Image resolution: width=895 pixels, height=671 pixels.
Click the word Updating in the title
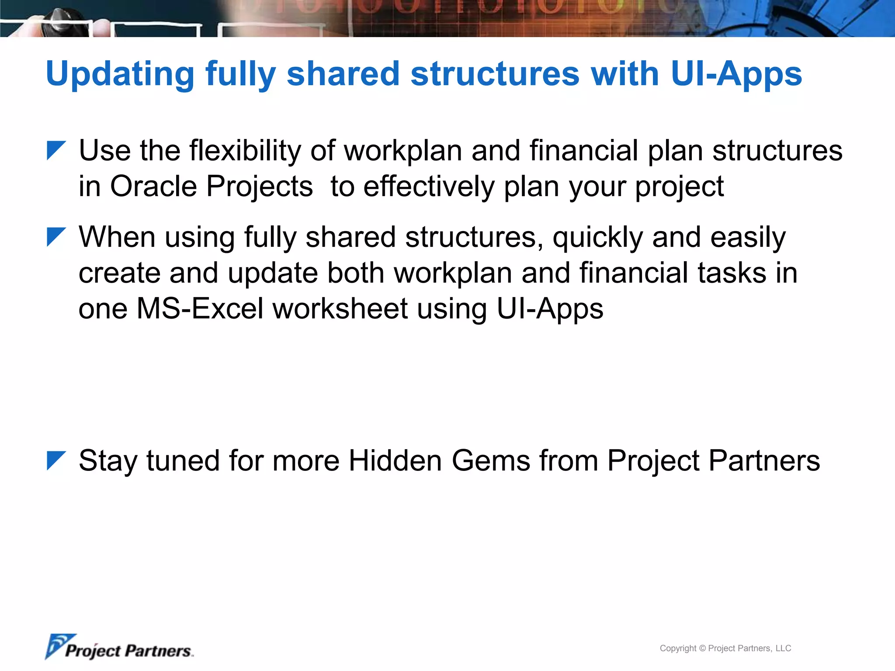coord(120,74)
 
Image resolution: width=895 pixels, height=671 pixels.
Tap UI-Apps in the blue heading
coord(736,74)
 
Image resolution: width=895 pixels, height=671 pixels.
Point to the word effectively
coord(429,187)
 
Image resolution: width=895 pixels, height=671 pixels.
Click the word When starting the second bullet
coord(117,238)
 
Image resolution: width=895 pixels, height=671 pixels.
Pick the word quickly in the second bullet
coord(597,239)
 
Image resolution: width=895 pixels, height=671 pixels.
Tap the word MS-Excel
coord(200,309)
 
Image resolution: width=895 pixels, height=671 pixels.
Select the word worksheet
coord(340,309)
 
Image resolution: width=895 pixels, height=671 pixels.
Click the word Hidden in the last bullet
coord(395,461)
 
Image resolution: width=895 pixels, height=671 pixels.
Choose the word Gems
coord(491,461)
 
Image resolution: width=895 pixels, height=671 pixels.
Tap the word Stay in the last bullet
coord(108,462)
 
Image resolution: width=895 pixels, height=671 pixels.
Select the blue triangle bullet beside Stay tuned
coord(56,460)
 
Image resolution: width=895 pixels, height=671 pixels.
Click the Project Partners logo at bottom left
coord(119,647)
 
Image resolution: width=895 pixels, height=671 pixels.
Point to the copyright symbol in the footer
coord(702,648)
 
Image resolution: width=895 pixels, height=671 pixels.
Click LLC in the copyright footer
coord(783,648)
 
